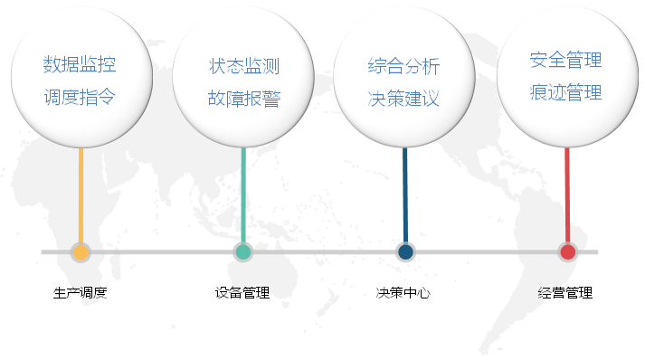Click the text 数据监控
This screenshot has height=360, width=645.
80,65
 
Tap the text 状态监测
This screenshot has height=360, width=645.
243,66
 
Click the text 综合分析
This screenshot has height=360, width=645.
404,66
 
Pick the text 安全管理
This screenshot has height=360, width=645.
566,61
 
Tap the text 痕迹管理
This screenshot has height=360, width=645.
566,92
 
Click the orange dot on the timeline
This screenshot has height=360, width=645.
81,252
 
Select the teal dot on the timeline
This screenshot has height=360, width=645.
242,252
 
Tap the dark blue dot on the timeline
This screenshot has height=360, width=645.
405,252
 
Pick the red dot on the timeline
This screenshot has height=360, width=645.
567,252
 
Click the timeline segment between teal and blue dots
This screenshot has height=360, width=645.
324,252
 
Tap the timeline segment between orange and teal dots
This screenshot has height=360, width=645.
161,252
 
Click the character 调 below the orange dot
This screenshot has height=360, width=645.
85,292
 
